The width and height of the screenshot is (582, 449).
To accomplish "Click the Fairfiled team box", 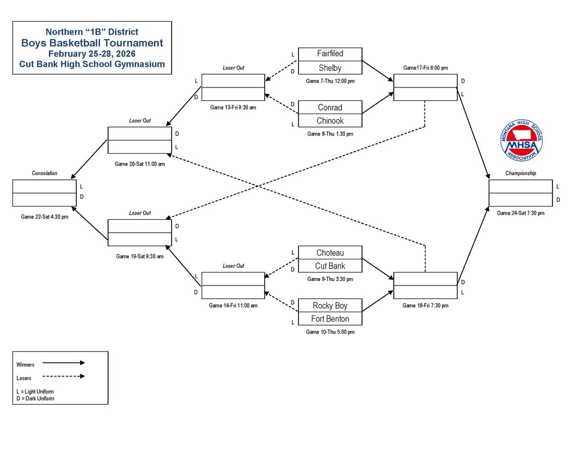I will (330, 54).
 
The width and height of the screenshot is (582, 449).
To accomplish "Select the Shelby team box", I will (330, 68).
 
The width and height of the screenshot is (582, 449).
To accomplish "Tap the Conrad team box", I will (330, 107).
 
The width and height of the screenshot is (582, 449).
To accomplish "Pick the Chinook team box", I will (330, 120).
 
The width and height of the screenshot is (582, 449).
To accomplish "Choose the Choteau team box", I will (330, 253).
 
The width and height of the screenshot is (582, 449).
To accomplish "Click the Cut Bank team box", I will (330, 266).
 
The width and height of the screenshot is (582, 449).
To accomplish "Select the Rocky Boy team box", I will (330, 305).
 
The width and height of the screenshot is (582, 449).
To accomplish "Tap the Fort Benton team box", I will (330, 318).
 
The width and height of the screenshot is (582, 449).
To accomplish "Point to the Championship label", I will (521, 173).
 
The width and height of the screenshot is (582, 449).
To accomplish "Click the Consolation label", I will (44, 173).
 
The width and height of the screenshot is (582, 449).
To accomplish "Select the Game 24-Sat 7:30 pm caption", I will (521, 213).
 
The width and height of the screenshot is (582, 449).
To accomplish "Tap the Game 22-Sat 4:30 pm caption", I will (44, 217).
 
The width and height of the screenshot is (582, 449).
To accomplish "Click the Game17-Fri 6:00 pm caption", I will (425, 68).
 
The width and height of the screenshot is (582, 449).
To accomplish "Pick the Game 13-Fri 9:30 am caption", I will (233, 107).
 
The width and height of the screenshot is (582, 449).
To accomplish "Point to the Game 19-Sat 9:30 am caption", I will (140, 256).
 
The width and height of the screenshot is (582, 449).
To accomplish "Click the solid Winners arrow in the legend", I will (63, 363).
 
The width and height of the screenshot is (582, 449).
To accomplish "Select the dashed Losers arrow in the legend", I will (63, 376).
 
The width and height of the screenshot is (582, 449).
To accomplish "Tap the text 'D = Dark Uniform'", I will (36, 398).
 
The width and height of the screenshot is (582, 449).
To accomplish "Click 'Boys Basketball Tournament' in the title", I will (92, 43).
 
